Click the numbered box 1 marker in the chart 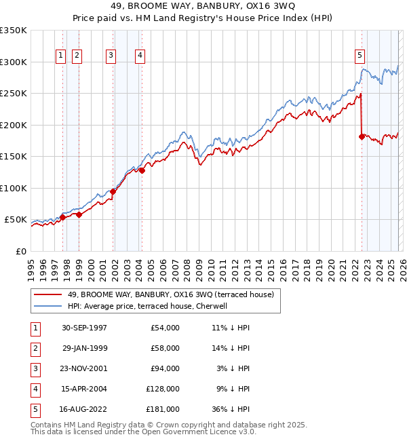pyautogui.click(x=61, y=56)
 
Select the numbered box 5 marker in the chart pyautogui.click(x=360, y=56)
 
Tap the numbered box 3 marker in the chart pyautogui.click(x=111, y=56)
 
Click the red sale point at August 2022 pyautogui.click(x=362, y=136)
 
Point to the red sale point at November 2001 pyautogui.click(x=113, y=191)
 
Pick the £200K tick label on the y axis pyautogui.click(x=14, y=125)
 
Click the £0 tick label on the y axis pyautogui.click(x=22, y=251)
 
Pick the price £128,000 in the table pyautogui.click(x=163, y=389)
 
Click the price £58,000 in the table pyautogui.click(x=165, y=348)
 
